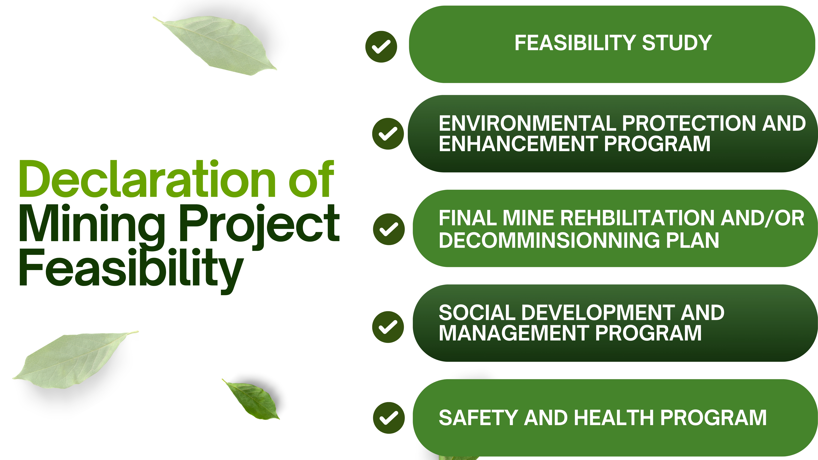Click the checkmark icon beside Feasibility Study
(381, 47)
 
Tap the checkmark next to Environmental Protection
(388, 134)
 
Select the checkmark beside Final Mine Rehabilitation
(389, 229)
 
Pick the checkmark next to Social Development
(388, 327)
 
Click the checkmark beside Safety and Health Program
(389, 418)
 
